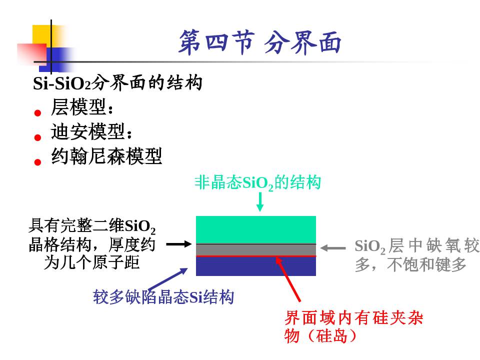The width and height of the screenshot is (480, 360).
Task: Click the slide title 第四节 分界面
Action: tap(259, 42)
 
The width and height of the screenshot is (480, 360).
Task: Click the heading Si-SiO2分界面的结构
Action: tap(117, 83)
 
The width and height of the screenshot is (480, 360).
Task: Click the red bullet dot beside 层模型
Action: tap(37, 113)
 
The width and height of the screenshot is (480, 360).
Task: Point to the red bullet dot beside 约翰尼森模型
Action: tap(37, 162)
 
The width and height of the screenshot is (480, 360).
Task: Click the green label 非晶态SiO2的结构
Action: tap(257, 183)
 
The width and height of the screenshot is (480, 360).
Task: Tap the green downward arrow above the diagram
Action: tap(259, 202)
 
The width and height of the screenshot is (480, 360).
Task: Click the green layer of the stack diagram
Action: tap(255, 229)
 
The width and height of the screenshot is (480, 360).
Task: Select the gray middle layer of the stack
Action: tap(255, 249)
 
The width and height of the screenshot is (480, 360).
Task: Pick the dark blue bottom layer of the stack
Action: tap(255, 266)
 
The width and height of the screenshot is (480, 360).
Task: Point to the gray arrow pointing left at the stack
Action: tap(333, 247)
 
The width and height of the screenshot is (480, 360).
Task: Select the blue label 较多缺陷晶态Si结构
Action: tap(163, 297)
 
